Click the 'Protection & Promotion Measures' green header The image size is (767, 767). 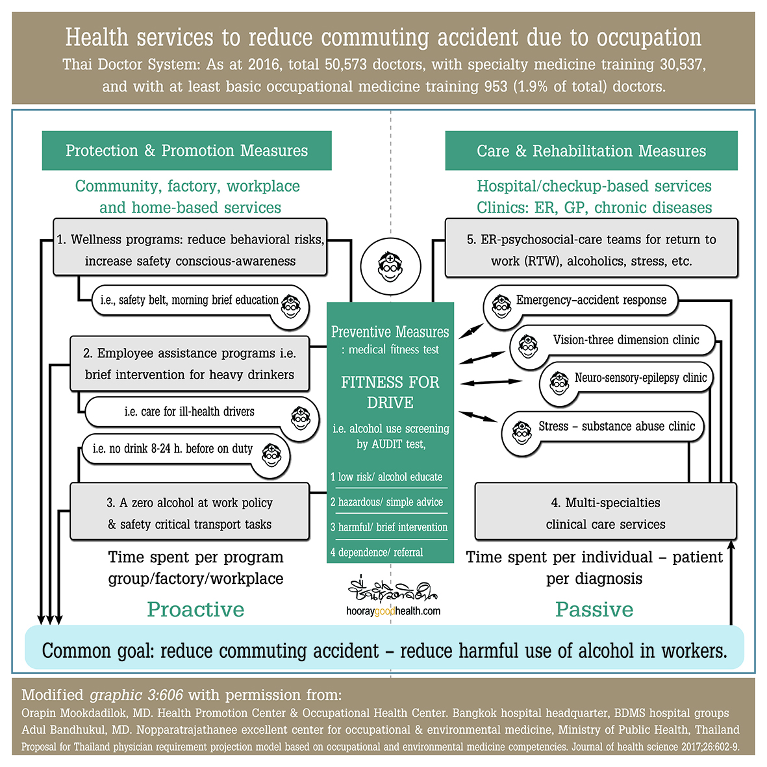point(186,151)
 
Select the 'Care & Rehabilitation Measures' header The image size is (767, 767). point(591,151)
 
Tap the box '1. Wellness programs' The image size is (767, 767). point(190,249)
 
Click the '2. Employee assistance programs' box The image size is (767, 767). point(190,364)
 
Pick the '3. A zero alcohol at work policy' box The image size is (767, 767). point(190,513)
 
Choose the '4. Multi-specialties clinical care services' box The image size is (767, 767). point(605,513)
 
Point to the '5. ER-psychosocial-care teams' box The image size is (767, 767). point(591,249)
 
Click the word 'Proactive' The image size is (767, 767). point(195,609)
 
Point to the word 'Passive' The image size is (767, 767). point(594,609)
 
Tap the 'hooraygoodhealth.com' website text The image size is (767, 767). point(393,611)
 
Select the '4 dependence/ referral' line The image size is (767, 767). point(377,553)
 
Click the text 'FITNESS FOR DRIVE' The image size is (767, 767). point(390,392)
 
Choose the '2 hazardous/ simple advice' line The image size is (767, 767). point(387,502)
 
